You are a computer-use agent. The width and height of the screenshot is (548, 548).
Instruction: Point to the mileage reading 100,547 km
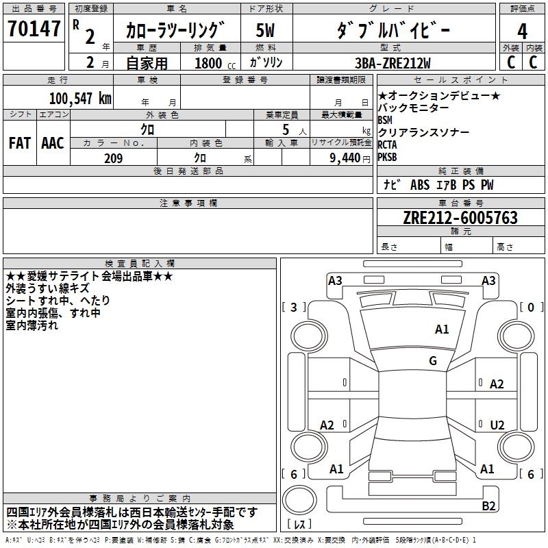coord(80,98)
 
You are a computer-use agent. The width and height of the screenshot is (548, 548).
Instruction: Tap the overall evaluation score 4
coord(522,32)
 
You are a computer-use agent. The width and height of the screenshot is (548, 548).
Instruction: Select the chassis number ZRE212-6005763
coord(460,218)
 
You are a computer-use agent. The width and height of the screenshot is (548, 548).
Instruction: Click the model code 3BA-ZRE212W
coord(393,63)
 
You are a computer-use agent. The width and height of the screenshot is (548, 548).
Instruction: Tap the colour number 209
coord(113,158)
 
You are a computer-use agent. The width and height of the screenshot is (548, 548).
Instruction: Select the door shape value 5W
coord(267,31)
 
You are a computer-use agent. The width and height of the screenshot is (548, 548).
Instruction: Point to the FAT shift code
coord(19,142)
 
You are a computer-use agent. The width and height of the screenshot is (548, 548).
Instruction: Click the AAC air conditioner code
coord(53,142)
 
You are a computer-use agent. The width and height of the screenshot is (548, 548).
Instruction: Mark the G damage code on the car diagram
coord(433,361)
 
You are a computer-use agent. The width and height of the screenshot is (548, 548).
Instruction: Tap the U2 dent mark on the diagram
coord(497,425)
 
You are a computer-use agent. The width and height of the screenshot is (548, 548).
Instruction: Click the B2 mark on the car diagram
coord(488,506)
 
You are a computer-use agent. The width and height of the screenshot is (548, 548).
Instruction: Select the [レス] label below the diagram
coord(301,525)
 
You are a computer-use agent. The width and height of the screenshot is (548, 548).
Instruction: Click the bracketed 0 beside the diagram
coord(531,308)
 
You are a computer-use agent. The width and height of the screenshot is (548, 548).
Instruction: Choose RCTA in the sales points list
coord(387,145)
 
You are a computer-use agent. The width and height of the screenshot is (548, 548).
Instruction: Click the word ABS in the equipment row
coord(420,185)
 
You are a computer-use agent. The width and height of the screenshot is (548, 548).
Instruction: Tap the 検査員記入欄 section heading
coord(140,264)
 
